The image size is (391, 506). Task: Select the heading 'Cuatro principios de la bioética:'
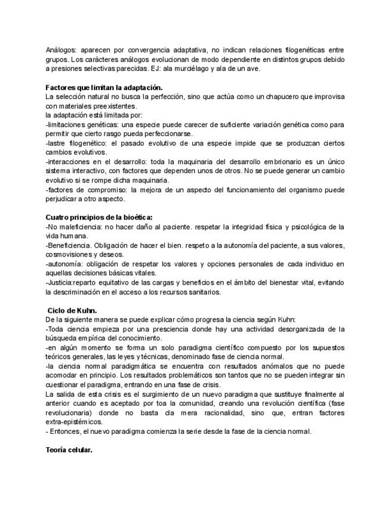(x=95, y=217)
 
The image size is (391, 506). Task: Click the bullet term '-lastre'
(x=57, y=143)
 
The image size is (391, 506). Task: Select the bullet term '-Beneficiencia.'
(x=70, y=245)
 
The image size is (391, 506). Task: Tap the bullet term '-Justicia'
(x=59, y=282)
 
